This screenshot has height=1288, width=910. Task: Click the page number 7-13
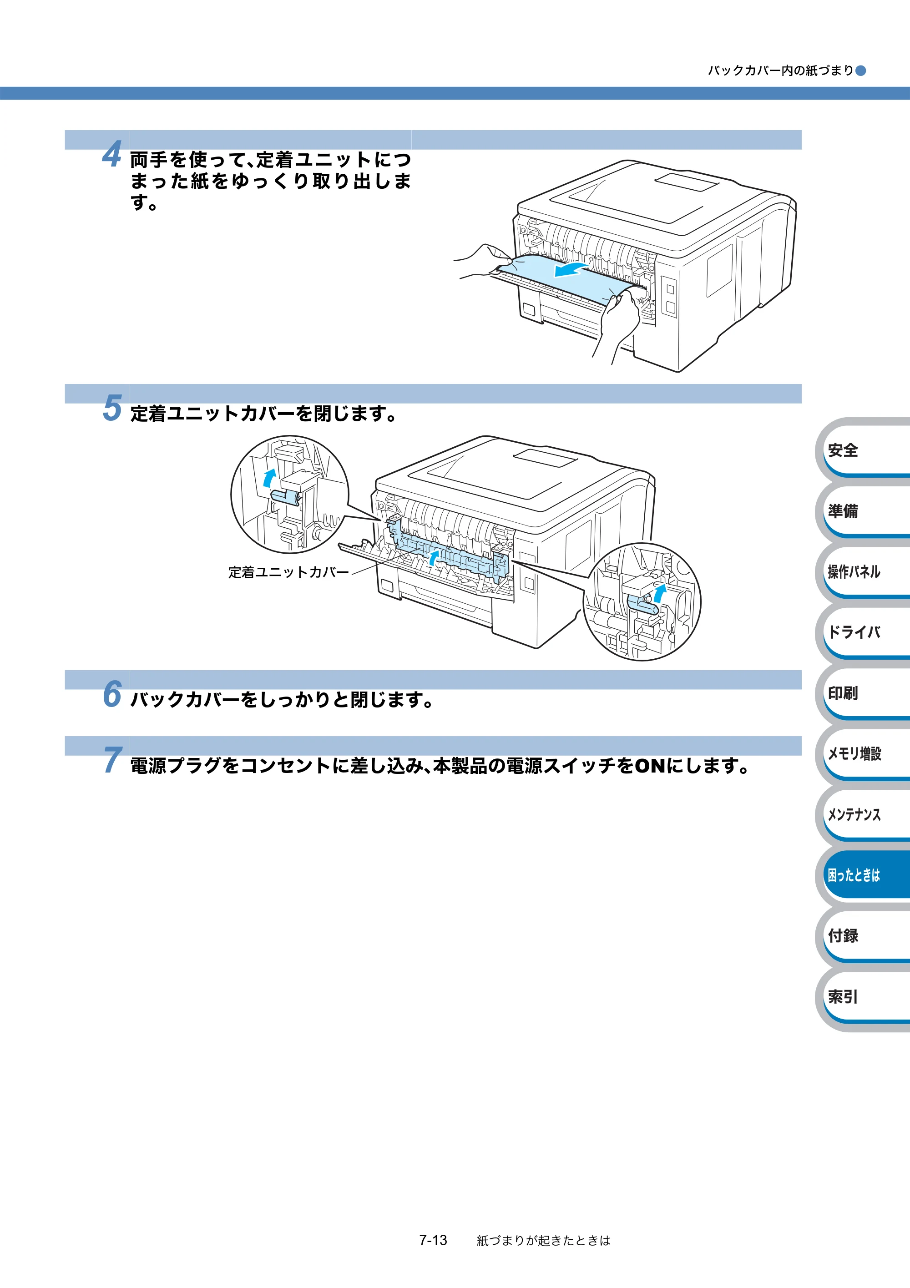[x=433, y=1240]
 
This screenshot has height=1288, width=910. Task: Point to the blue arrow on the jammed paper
[x=571, y=269]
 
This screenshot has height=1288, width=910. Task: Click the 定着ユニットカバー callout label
[x=288, y=572]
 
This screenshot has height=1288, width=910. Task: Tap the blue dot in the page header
[x=860, y=71]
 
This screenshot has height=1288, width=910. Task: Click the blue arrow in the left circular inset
[x=270, y=477]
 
